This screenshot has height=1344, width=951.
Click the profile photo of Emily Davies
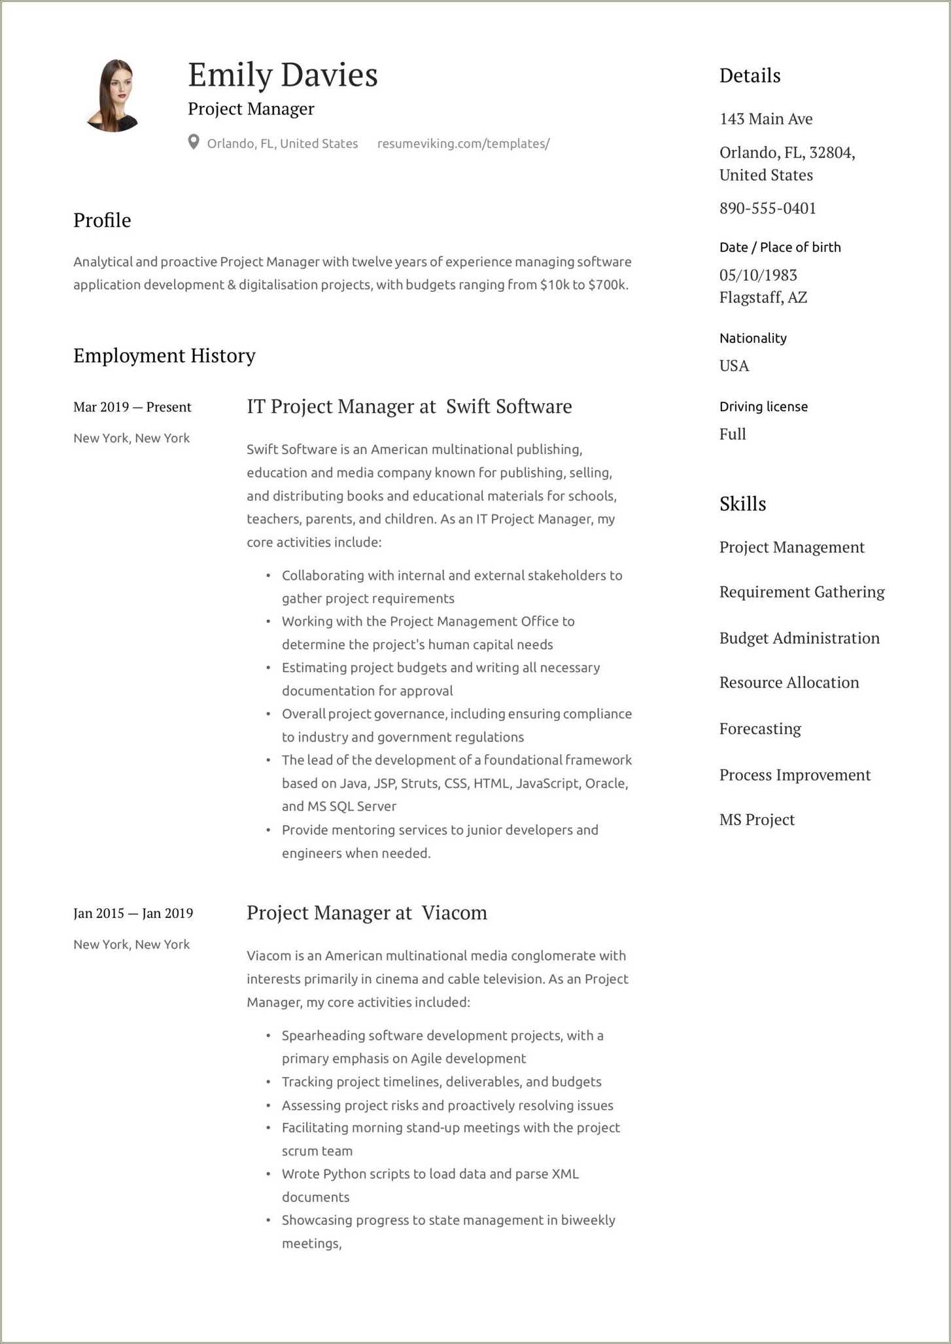112,96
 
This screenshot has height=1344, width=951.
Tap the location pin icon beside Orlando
194,143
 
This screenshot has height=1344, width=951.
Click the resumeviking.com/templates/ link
463,143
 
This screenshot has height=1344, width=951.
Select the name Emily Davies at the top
283,75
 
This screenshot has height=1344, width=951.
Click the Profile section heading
102,221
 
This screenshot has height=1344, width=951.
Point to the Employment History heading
164,355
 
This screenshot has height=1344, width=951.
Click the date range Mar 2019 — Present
132,407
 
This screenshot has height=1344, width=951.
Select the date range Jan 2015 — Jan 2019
133,913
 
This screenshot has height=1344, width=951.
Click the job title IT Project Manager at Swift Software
409,406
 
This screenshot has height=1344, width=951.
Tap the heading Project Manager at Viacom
366,913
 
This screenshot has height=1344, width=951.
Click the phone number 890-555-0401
767,208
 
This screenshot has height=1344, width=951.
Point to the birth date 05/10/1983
758,275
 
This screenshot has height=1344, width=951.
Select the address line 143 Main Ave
766,119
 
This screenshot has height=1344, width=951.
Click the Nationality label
753,338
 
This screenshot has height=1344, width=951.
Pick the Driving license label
763,406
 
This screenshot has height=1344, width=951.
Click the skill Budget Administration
799,638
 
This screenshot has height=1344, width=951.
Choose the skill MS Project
757,820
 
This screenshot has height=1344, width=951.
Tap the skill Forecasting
760,729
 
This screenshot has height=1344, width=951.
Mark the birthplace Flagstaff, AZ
763,298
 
